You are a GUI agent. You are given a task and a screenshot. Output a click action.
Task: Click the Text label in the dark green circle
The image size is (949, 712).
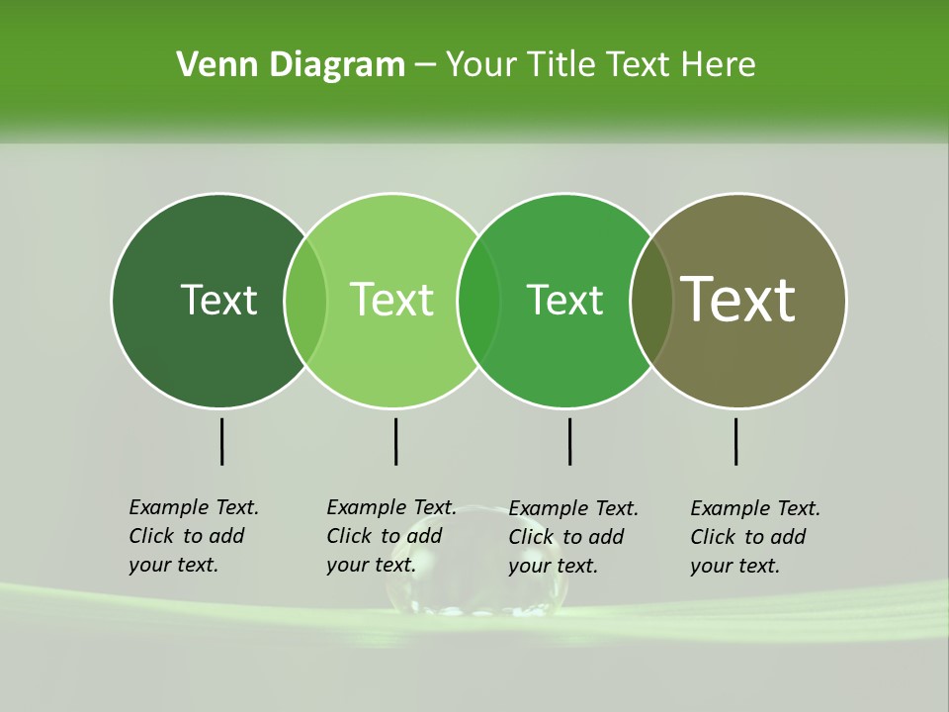218,300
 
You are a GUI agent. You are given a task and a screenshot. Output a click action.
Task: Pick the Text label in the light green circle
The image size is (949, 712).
391,300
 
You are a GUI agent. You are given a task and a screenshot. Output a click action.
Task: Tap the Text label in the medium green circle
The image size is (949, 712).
564,300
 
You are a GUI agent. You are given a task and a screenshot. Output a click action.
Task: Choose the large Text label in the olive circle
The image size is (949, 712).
737,299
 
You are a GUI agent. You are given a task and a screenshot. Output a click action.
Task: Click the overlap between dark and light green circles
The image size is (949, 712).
305,300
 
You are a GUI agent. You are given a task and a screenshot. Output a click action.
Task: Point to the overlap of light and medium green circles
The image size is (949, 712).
478,300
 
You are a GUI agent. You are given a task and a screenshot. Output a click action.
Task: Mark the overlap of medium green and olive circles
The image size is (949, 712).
651,300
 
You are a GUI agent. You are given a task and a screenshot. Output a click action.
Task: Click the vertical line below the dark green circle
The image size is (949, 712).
221,441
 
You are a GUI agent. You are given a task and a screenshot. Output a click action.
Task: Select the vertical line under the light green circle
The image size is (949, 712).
395,441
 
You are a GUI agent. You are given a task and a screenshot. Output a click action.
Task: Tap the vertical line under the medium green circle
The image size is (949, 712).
569,441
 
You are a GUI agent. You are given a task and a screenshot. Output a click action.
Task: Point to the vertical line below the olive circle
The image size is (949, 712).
735,441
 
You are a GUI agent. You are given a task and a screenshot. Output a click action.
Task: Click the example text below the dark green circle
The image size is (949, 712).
194,536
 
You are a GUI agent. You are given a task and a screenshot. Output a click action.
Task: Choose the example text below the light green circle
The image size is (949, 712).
391,536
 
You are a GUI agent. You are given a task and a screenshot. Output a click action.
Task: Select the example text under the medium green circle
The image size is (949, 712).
573,537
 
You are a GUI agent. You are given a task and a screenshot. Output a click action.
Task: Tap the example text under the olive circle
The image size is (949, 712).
755,537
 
